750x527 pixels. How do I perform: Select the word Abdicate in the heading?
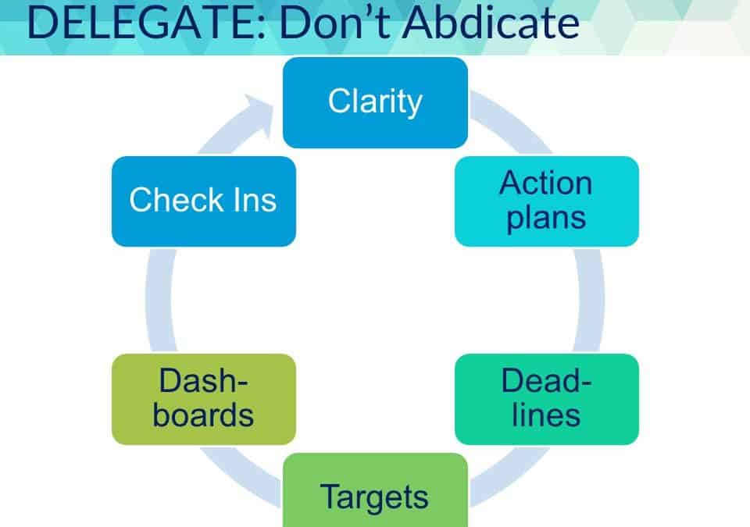(x=491, y=22)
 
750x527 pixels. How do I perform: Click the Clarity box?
(x=376, y=102)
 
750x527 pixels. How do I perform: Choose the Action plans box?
(x=547, y=201)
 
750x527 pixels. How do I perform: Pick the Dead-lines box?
(x=547, y=399)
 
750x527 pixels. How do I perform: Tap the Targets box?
(x=376, y=490)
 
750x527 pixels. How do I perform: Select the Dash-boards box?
(x=204, y=399)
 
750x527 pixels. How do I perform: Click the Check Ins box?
(x=204, y=201)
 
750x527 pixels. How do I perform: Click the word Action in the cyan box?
(x=546, y=183)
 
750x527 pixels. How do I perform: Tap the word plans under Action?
(x=546, y=219)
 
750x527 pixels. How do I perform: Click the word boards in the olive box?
(x=203, y=415)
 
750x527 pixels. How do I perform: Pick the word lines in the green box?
(x=546, y=415)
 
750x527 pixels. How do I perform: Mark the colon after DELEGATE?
(x=261, y=28)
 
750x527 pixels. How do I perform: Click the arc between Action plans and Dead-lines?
(x=591, y=301)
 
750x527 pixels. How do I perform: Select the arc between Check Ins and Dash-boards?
(x=159, y=301)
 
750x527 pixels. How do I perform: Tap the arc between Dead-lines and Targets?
(x=509, y=475)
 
